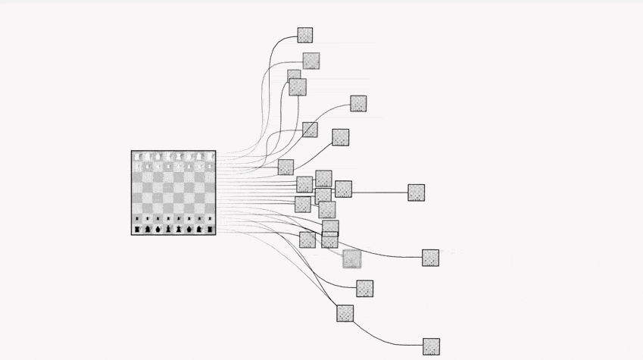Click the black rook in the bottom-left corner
138,229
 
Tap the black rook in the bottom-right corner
208,229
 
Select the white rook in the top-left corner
138,157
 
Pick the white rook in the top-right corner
208,157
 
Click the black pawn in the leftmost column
138,218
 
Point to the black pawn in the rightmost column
208,218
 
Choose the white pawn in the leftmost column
138,167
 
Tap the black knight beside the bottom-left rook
148,229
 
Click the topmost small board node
304,35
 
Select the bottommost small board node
431,346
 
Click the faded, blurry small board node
351,259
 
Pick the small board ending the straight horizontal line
416,193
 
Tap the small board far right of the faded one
430,258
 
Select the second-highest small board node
311,61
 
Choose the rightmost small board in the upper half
358,104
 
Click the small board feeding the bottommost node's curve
345,312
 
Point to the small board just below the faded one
364,288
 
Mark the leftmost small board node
286,167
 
